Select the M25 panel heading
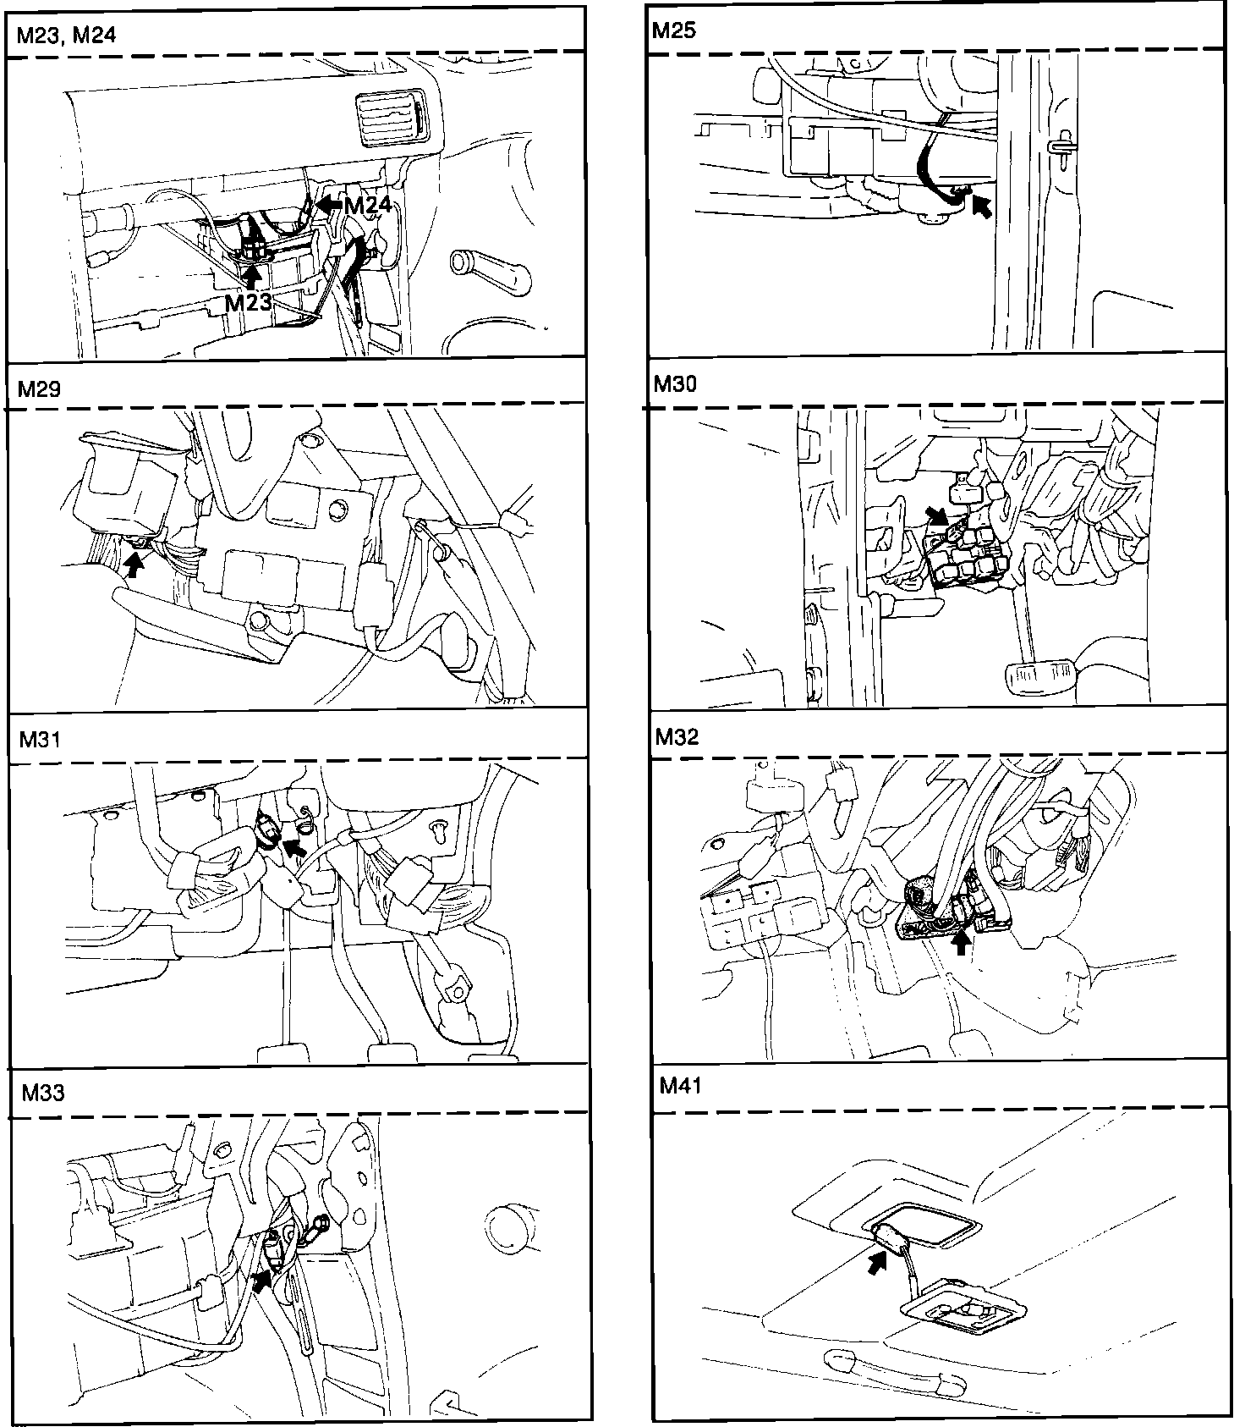(x=674, y=30)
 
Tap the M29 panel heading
(x=39, y=388)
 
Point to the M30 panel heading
(x=675, y=384)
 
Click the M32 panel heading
(x=677, y=737)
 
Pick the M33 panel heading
(x=42, y=1093)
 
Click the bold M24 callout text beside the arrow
(x=368, y=205)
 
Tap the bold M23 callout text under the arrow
(x=248, y=301)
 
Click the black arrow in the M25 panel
(x=981, y=205)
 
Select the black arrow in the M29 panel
(x=134, y=562)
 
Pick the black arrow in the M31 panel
(x=293, y=845)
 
